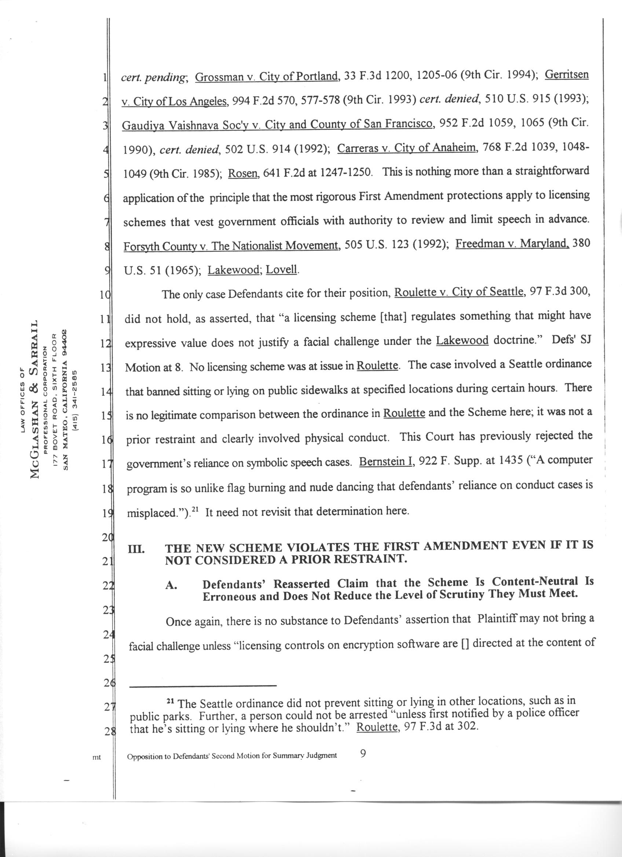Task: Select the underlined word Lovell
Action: pos(282,270)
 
